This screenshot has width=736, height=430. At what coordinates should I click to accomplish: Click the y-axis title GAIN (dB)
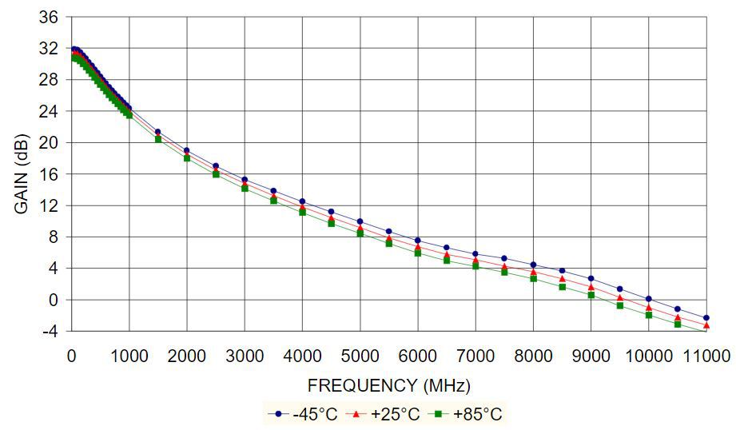(22, 173)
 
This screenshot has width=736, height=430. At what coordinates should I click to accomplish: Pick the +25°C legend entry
(389, 414)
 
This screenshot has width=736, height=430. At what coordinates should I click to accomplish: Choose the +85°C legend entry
(470, 414)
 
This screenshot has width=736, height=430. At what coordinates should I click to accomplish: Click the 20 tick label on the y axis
(49, 142)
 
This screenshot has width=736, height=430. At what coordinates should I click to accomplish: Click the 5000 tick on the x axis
(360, 354)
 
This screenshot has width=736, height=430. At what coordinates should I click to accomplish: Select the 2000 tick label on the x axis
(186, 354)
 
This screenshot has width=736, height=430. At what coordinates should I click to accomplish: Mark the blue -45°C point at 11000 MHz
(706, 318)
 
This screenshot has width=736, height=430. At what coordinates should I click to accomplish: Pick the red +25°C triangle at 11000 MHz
(706, 325)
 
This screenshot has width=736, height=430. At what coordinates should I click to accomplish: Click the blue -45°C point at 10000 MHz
(648, 299)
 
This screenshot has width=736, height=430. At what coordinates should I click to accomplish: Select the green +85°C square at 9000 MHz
(591, 295)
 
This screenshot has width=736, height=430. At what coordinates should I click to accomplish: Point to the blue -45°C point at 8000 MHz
(533, 265)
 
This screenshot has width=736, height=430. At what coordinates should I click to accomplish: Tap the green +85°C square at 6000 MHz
(417, 253)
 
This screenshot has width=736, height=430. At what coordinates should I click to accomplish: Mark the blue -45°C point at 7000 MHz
(475, 254)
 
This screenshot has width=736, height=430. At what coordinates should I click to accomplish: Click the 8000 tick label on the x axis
(532, 354)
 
